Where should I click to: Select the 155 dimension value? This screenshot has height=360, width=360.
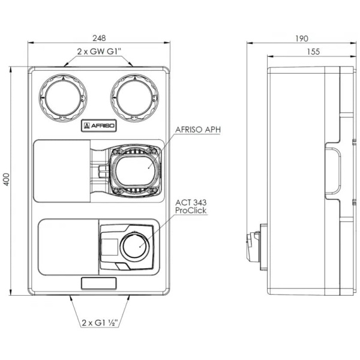pos(312,52)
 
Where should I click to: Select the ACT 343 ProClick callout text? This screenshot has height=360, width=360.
pos(191,208)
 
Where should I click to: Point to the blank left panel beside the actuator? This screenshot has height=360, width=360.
pos(65,246)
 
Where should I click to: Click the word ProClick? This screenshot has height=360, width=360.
pos(190,213)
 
